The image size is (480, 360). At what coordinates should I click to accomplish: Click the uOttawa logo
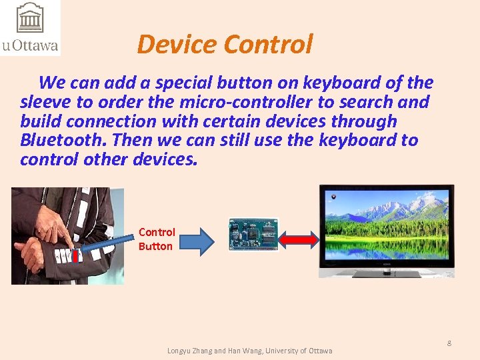[x=30, y=28]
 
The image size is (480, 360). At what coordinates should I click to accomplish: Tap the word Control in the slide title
[x=268, y=44]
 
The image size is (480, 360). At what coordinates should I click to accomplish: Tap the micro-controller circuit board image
[x=253, y=234]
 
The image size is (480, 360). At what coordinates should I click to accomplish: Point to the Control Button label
[x=156, y=239]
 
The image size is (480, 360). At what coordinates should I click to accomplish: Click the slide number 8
[x=449, y=343]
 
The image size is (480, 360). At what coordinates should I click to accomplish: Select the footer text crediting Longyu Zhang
[x=249, y=351]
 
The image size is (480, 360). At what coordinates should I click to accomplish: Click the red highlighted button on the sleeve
[x=75, y=255]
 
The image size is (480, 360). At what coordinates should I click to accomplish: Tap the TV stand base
[x=387, y=273]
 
